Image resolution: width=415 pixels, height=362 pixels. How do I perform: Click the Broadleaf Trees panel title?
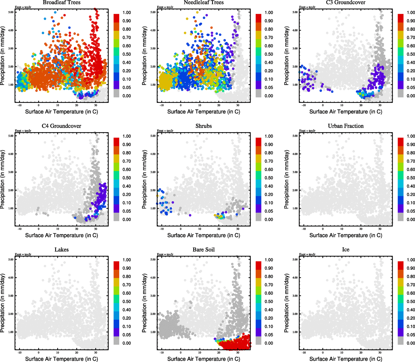click(61, 2)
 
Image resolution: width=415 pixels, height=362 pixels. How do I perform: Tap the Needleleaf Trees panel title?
click(204, 2)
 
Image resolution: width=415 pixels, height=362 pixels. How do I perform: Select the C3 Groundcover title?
click(346, 2)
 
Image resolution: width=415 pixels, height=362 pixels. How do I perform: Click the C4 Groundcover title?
click(61, 126)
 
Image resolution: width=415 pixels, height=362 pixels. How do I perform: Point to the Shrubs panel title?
click(204, 126)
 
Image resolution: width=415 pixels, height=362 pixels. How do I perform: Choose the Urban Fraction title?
click(346, 126)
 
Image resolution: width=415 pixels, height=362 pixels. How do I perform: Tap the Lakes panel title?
click(61, 250)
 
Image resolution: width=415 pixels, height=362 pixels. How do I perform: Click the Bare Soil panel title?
click(204, 250)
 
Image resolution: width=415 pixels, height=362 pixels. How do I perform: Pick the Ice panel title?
click(346, 250)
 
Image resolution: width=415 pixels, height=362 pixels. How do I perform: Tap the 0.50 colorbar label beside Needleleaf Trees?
click(269, 54)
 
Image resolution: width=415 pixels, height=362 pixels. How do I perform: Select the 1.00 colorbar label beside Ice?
click(411, 260)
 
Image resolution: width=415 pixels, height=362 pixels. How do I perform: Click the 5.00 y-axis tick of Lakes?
click(11, 259)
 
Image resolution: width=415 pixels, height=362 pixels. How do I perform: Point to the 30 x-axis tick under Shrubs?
click(238, 229)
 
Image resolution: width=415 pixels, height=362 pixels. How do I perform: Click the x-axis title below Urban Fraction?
click(346, 235)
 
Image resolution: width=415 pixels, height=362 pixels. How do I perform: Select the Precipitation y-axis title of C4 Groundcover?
click(3, 179)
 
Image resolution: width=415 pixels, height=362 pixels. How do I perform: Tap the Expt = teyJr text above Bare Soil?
click(165, 254)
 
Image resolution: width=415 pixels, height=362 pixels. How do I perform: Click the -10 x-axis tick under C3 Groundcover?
click(304, 105)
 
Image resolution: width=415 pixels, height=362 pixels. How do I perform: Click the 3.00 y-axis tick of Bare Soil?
click(153, 296)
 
